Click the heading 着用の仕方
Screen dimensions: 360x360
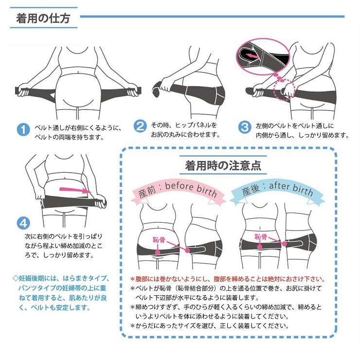coord(43,18)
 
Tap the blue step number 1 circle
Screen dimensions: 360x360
coord(23,130)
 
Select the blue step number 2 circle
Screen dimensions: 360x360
coord(140,126)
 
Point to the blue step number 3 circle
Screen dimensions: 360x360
coord(245,127)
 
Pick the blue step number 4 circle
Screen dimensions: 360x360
coord(23,223)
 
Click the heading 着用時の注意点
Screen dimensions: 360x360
coord(223,165)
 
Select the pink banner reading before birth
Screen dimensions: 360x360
coord(178,192)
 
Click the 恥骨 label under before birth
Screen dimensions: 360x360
coord(159,240)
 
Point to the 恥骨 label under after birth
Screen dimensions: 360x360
coord(261,237)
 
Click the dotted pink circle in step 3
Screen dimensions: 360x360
coord(284,90)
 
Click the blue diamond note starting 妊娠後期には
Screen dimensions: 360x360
coord(61,293)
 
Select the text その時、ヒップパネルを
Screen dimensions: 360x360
coord(184,125)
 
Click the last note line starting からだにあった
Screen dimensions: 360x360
coord(210,326)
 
